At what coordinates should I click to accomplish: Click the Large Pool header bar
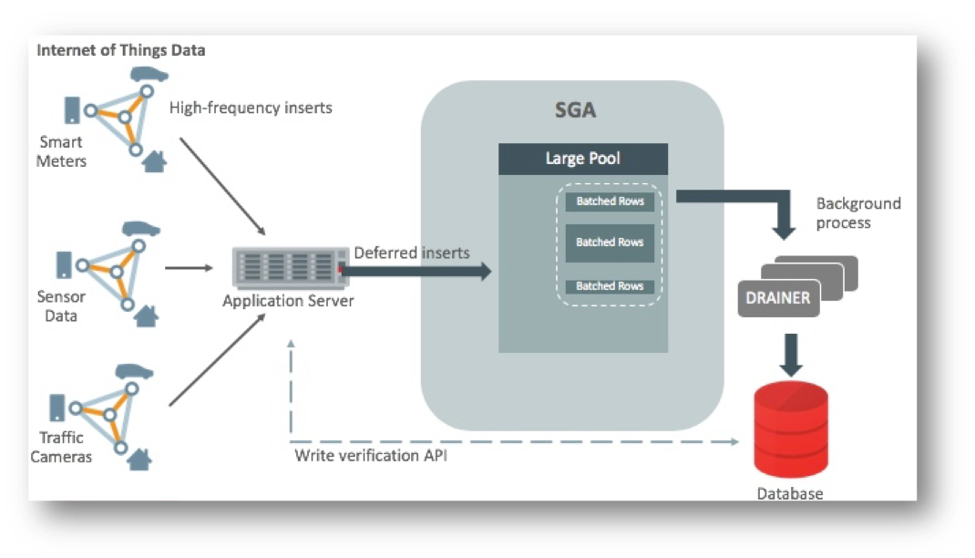pos(582,159)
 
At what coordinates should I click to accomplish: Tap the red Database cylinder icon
pos(791,429)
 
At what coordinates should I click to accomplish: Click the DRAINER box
pos(778,298)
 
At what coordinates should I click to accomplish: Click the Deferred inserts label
pos(411,252)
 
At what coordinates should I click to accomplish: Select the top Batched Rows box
pos(610,201)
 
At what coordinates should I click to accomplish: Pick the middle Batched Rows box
pos(610,243)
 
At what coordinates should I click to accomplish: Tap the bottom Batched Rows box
pos(610,286)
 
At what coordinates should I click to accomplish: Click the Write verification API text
pos(371,455)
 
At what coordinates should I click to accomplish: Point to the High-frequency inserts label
pos(251,108)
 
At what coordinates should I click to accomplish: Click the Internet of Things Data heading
pos(120,50)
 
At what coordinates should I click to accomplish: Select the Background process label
pos(857,213)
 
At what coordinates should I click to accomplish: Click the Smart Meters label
pos(62,151)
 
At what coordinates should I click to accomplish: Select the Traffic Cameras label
pos(61,447)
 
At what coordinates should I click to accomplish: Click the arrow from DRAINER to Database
pos(791,355)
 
